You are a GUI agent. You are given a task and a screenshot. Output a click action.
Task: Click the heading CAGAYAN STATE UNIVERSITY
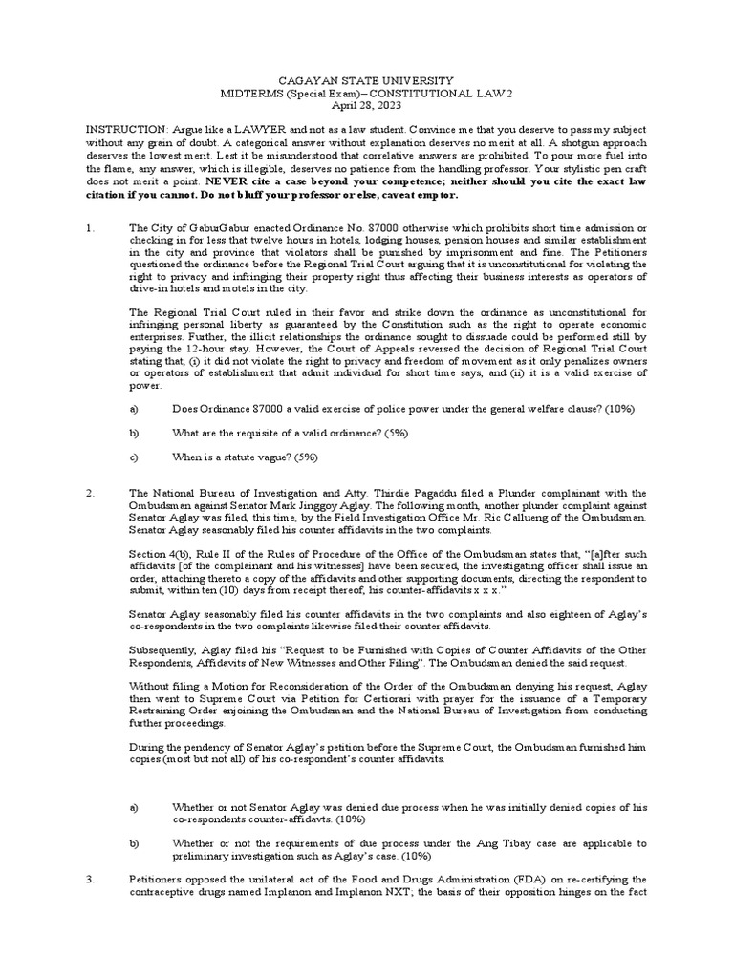point(366,83)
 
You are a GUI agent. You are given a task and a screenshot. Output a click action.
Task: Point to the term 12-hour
point(210,351)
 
